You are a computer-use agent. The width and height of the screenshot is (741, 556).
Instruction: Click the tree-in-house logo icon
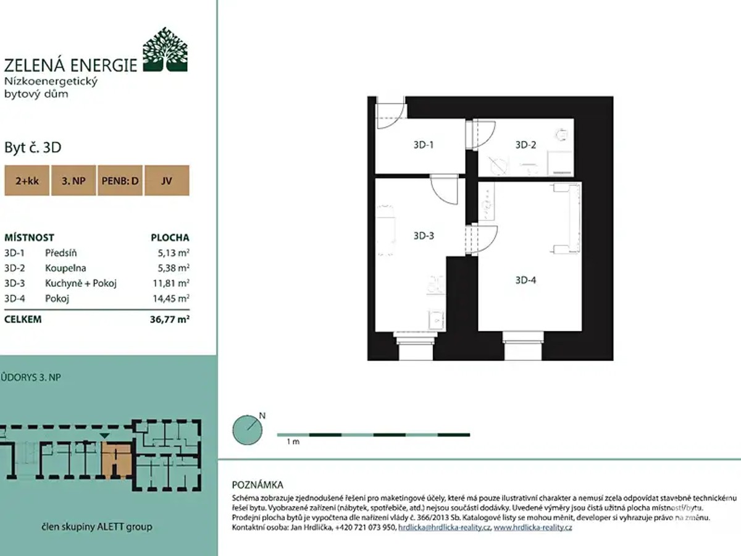pos(165,49)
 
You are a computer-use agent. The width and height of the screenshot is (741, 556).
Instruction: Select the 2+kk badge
pos(27,180)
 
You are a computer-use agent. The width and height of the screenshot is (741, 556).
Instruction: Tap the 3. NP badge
pos(73,180)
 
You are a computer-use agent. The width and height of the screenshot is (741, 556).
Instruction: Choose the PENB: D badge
pos(120,180)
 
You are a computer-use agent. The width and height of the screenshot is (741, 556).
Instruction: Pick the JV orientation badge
pos(167,180)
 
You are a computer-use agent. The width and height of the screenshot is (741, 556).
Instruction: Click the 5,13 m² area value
pos(173,253)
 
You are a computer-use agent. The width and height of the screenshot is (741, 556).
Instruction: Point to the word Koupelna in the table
pos(65,268)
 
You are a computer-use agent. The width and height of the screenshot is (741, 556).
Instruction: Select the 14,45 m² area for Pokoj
pos(171,298)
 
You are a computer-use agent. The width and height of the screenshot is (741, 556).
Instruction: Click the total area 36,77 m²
pos(169,319)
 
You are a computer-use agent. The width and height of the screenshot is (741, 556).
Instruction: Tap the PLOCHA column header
pos(170,238)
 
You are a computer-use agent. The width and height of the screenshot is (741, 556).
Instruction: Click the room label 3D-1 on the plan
pos(424,145)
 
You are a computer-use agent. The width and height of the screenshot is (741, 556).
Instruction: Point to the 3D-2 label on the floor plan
pos(525,145)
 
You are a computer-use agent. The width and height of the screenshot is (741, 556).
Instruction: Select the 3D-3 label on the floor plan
pos(424,235)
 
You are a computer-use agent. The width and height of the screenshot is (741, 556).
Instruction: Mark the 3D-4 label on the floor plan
pos(525,280)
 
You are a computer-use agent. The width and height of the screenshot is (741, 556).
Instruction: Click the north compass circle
pos(248,430)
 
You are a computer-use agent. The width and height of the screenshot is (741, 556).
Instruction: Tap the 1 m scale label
pos(293,442)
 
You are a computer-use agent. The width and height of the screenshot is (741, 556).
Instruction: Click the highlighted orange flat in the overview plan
pos(117,461)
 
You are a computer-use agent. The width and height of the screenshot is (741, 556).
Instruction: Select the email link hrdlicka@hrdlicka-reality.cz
pos(444,528)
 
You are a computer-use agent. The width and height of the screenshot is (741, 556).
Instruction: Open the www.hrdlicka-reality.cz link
pos(533,528)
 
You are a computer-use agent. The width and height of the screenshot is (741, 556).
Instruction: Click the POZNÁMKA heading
pos(257,485)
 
